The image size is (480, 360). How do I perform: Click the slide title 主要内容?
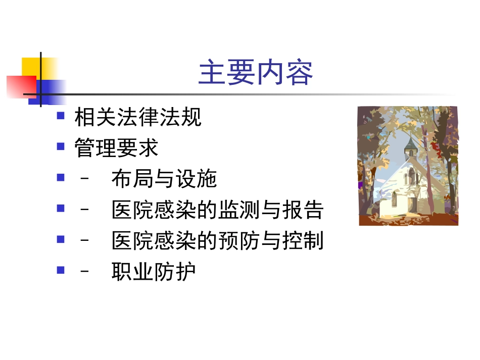point(255,73)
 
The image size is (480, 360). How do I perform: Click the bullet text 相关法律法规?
point(137,117)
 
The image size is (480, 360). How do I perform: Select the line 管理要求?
point(116,148)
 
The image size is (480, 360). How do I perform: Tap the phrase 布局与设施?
point(164,179)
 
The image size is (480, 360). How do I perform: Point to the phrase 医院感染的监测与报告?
point(217,210)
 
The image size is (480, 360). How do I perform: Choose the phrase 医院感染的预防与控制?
point(217,241)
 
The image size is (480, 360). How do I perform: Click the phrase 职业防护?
point(154,272)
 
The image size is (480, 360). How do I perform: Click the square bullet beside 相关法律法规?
point(61,116)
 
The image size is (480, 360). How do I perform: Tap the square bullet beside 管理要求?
point(61,146)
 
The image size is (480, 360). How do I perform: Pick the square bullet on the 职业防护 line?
point(61,270)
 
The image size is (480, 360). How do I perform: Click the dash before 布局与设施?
point(85,179)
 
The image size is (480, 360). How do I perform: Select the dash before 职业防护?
point(85,272)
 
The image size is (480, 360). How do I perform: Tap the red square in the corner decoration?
point(19,86)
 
